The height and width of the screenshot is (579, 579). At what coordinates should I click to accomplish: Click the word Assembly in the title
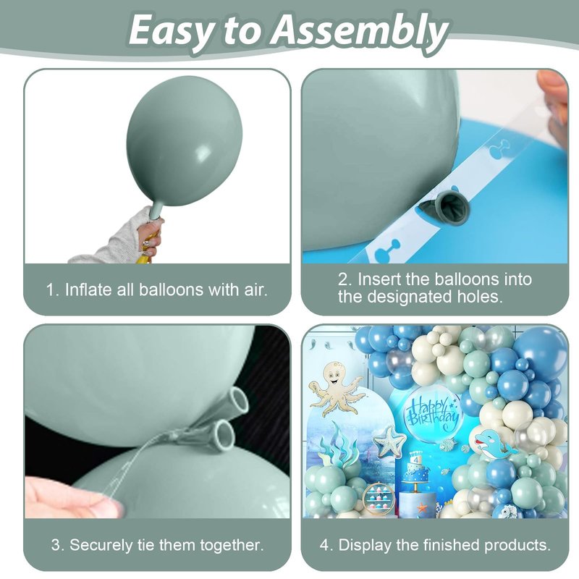[359, 31]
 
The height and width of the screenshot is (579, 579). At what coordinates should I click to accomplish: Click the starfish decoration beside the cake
[389, 441]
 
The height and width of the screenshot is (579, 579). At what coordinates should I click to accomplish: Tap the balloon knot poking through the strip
[447, 208]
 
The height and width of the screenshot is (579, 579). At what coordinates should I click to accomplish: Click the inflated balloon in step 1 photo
[184, 141]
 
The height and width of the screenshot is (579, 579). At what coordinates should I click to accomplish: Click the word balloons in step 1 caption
[171, 289]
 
